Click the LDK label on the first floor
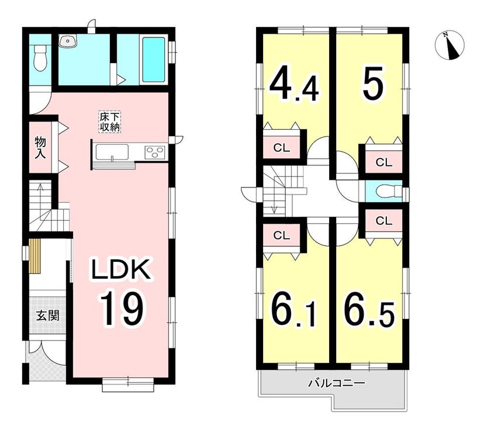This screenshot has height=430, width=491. (120, 269)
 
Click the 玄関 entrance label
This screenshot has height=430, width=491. (47, 315)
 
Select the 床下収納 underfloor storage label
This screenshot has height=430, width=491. (110, 122)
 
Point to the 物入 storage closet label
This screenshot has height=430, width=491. (40, 147)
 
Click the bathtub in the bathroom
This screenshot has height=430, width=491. (153, 60)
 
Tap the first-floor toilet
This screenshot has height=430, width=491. (40, 58)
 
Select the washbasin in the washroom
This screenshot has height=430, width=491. (68, 41)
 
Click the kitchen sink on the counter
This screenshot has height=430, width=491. (112, 152)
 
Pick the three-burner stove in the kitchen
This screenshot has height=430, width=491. (155, 152)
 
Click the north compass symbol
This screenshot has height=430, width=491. (449, 46)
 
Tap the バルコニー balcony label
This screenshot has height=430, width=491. (337, 383)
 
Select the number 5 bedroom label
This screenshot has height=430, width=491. (373, 83)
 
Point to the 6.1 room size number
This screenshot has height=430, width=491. (293, 310)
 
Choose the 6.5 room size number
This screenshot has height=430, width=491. (369, 310)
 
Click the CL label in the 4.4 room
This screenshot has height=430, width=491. (282, 148)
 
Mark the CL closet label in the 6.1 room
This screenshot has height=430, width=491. (282, 235)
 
